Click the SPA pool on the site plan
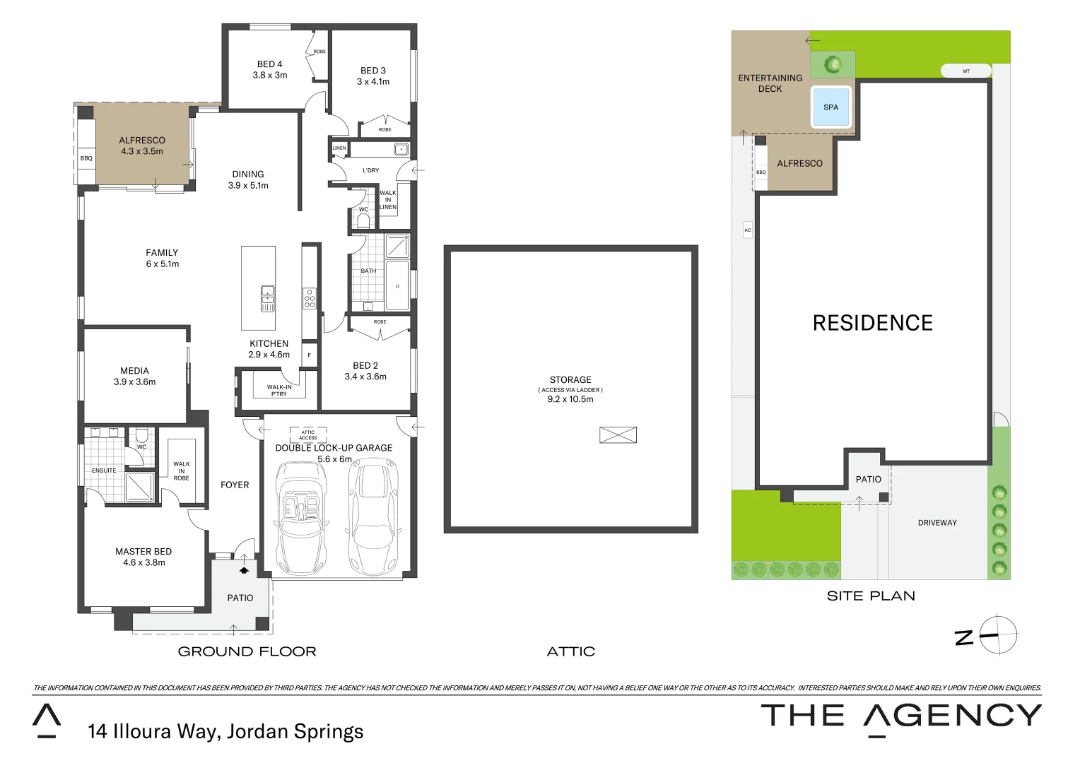(830, 107)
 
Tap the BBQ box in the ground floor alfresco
(86, 158)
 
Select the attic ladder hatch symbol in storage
(618, 435)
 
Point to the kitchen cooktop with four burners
(310, 299)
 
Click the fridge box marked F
(309, 355)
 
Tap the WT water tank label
(965, 71)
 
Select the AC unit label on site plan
(747, 230)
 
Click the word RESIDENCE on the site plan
(872, 323)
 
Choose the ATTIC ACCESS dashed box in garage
(308, 434)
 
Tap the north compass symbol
(997, 634)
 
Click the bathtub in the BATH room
(397, 285)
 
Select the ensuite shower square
(139, 486)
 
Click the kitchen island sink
(268, 298)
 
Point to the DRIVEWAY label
(937, 523)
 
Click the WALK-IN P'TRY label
(279, 390)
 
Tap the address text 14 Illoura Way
(225, 732)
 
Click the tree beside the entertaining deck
(833, 64)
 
